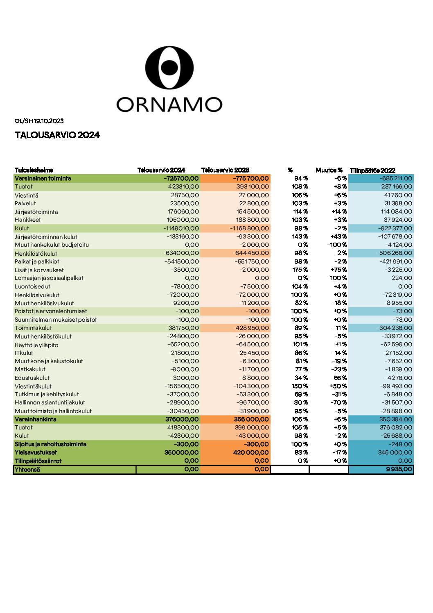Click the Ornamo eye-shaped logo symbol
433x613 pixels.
click(x=169, y=67)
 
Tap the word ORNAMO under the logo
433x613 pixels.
click(x=169, y=104)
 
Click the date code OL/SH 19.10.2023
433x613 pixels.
click(x=39, y=121)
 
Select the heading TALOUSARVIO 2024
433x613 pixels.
click(x=57, y=135)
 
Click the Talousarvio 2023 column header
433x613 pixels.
click(x=225, y=170)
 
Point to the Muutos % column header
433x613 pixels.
click(x=329, y=170)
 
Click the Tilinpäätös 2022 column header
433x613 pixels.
click(x=372, y=170)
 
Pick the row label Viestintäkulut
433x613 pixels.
click(x=33, y=386)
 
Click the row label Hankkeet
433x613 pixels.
click(x=27, y=220)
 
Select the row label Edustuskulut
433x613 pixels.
click(x=32, y=378)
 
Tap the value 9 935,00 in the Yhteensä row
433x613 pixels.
click(x=399, y=469)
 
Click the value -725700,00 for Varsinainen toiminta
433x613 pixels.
click(x=181, y=178)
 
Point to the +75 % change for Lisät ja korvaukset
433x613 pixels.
click(x=339, y=270)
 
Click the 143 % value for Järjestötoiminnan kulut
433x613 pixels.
click(x=300, y=236)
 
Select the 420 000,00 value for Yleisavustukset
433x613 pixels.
click(x=251, y=452)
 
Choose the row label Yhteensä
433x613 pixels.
click(x=27, y=469)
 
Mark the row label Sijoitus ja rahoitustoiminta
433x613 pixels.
click(x=51, y=444)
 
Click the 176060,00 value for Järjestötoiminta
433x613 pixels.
click(x=183, y=211)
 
